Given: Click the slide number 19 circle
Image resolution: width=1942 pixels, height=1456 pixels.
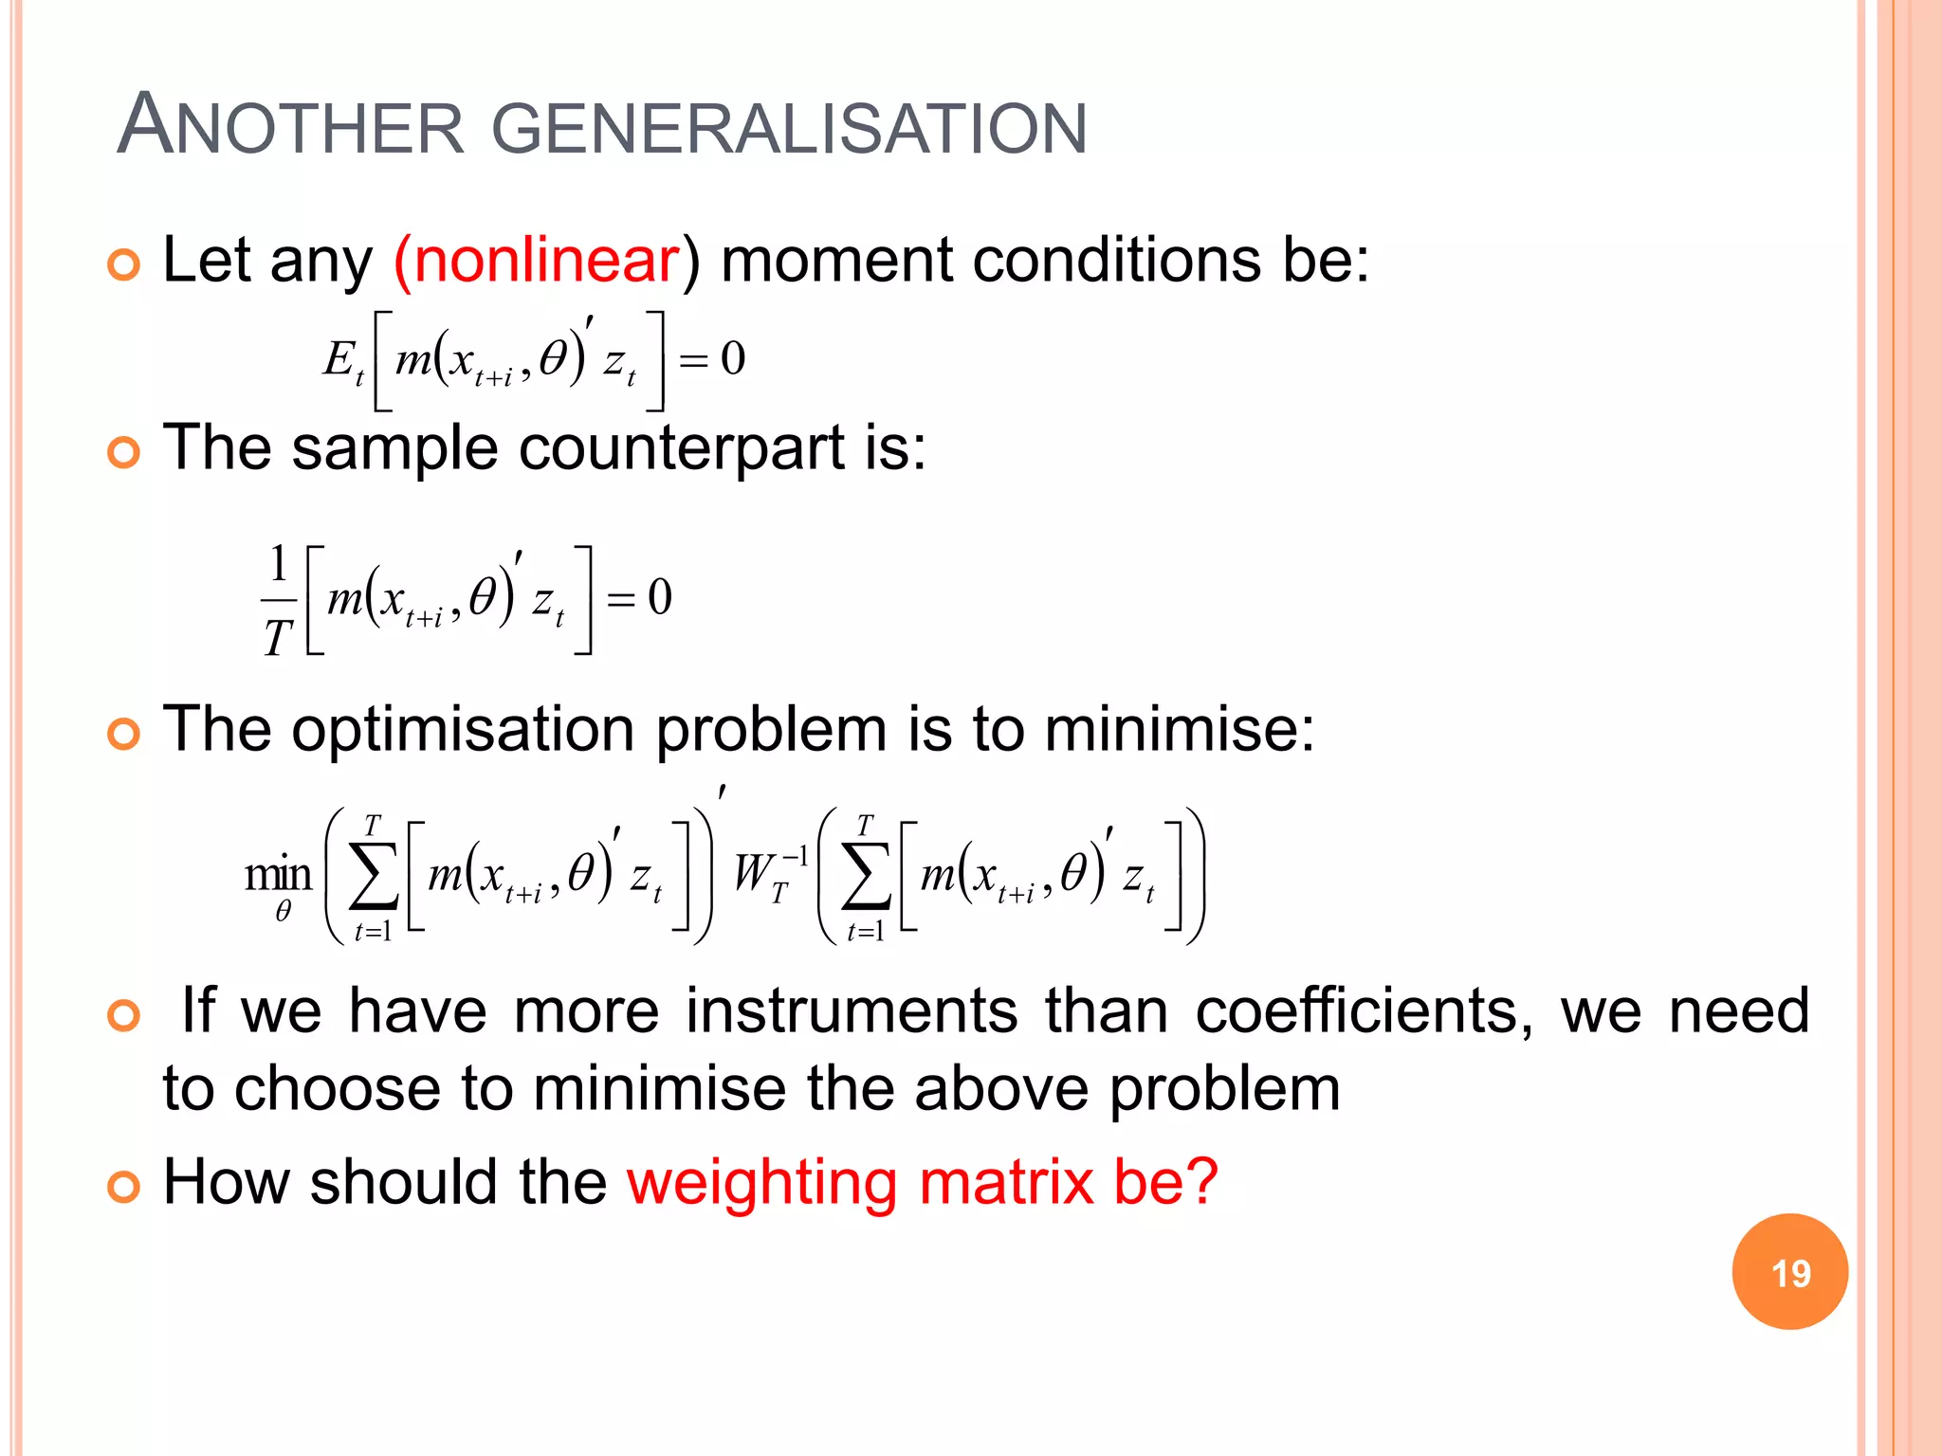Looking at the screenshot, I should pyautogui.click(x=1789, y=1271).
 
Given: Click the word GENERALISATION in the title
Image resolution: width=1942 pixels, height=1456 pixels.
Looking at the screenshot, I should pyautogui.click(x=789, y=129).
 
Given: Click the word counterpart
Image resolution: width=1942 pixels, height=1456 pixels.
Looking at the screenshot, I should pyautogui.click(x=682, y=447).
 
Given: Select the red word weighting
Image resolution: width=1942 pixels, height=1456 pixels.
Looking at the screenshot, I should pyautogui.click(x=761, y=1182).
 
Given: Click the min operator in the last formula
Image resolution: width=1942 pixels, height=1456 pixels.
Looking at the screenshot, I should pyautogui.click(x=278, y=874).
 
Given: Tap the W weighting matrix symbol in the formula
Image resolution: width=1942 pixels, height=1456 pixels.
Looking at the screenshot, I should pyautogui.click(x=756, y=873).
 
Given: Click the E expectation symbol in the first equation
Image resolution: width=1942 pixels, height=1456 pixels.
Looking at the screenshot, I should pyautogui.click(x=338, y=359).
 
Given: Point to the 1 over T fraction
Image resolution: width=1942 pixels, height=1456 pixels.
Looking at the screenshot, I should pyautogui.click(x=277, y=600).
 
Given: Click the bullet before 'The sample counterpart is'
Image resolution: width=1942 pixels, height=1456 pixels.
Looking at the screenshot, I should pyautogui.click(x=124, y=452).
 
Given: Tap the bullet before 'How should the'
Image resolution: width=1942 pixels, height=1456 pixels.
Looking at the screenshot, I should pyautogui.click(x=124, y=1186).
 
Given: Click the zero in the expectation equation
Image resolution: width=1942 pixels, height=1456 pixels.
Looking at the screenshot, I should pyautogui.click(x=732, y=359).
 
